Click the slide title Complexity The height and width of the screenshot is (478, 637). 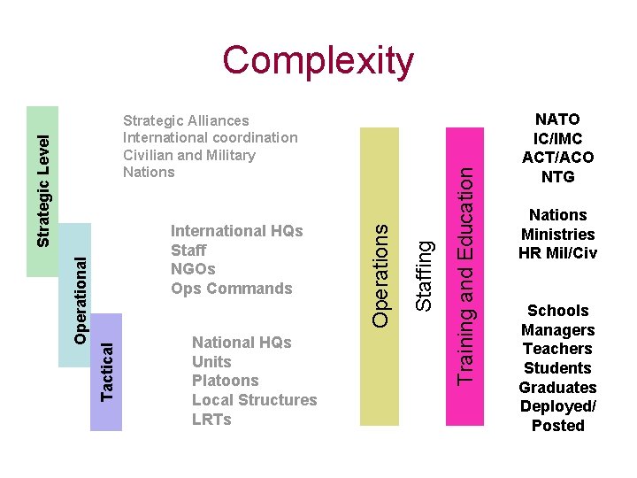(318, 61)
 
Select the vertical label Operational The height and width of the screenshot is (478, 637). (81, 300)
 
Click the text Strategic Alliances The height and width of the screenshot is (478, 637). (186, 120)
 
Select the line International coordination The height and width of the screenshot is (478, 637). (211, 137)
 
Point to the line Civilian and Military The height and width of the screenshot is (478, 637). (189, 155)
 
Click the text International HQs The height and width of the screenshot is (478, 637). (236, 231)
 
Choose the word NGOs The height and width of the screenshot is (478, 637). (193, 269)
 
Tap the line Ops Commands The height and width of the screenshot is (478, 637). (231, 289)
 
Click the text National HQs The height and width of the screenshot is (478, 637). (242, 343)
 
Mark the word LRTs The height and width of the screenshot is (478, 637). (211, 420)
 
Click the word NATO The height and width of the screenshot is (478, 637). (557, 119)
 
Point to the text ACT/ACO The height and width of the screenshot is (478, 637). (557, 158)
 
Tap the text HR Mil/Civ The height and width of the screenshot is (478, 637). (557, 253)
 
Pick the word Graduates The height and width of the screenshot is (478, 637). (557, 388)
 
